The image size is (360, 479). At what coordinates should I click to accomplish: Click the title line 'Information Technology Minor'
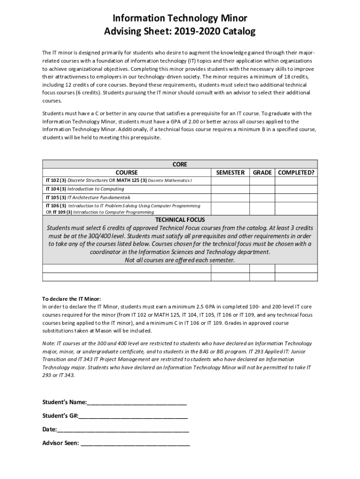pos(180,18)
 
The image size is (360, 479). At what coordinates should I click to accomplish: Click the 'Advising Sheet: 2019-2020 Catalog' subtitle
pos(180,32)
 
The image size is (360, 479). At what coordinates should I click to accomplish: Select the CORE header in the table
pos(180,164)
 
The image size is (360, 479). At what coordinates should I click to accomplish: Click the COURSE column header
pos(127,173)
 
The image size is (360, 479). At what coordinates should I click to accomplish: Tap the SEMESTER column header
pos(230,173)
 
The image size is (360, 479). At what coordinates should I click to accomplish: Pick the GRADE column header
pos(262,173)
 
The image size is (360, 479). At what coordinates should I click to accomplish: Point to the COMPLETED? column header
pos(296,173)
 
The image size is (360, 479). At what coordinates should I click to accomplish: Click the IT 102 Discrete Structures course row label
pos(119,181)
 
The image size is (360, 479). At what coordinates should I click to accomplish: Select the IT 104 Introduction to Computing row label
pos(85,189)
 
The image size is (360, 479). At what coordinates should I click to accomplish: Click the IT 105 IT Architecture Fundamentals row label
pos(88,197)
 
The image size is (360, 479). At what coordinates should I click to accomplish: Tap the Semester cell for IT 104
pos(230,189)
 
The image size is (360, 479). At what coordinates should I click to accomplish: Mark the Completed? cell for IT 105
pos(296,197)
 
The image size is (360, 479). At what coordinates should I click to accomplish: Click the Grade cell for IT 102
pos(262,181)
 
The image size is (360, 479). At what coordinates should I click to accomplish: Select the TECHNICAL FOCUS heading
pos(180,219)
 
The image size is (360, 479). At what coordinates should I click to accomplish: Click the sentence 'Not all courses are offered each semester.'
pos(180,260)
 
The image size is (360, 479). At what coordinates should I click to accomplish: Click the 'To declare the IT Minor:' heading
pos(72,298)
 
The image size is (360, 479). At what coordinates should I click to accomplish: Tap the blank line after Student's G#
pos(133,416)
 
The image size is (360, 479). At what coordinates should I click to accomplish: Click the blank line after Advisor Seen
pos(135,443)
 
